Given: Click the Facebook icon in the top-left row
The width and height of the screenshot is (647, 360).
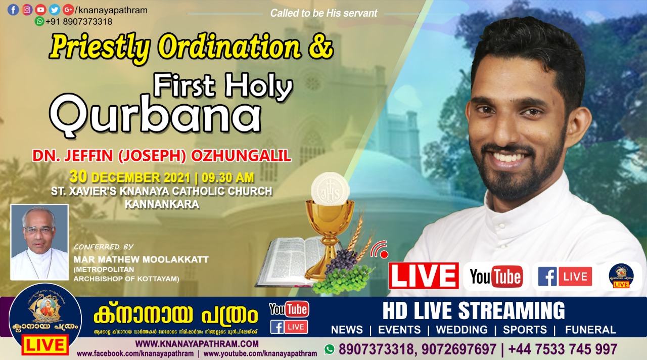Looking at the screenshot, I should click(x=13, y=10).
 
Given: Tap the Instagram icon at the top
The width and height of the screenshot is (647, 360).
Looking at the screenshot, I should click(x=27, y=10).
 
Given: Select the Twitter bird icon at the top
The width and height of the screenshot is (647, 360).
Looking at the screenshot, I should click(x=55, y=10).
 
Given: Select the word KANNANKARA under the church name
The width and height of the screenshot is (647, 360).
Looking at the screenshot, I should click(x=162, y=204).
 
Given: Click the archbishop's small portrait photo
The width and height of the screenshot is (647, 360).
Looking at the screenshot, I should click(x=39, y=242).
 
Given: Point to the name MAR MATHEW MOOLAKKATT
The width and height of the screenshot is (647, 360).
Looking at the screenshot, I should click(x=141, y=259).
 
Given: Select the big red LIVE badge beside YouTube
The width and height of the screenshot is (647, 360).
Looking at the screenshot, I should click(x=424, y=276).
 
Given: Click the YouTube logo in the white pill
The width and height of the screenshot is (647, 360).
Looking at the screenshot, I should click(x=496, y=277).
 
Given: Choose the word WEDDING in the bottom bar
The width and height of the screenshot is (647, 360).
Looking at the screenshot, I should click(x=461, y=330).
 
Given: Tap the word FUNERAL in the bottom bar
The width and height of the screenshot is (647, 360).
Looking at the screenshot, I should click(x=590, y=330).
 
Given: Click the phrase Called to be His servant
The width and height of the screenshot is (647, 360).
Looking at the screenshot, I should click(x=323, y=13).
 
